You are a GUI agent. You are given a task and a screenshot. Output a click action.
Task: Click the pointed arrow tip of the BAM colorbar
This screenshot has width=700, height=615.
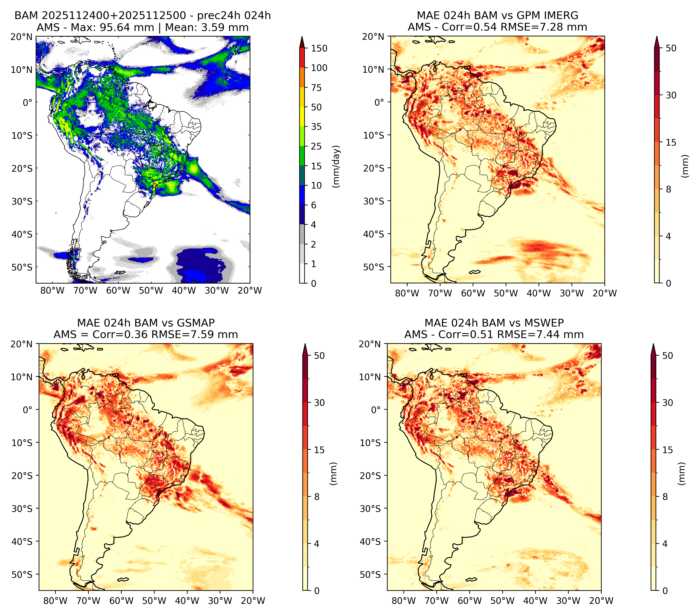coord(302,36)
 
